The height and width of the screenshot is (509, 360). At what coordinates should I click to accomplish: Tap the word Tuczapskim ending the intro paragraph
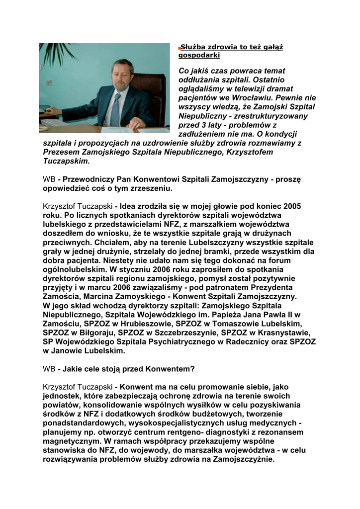(x=67, y=161)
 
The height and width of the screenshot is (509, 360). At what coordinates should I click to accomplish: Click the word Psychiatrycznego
(x=174, y=341)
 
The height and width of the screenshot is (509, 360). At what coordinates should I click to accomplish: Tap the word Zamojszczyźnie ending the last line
(x=243, y=459)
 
